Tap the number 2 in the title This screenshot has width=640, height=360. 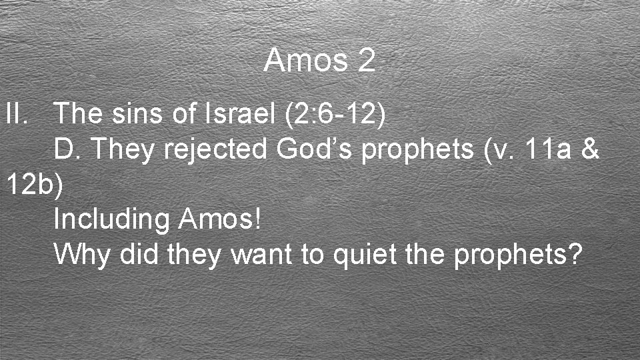coord(366,61)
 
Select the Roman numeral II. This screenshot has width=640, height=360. coord(17,115)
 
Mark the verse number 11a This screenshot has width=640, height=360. coord(549,150)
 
